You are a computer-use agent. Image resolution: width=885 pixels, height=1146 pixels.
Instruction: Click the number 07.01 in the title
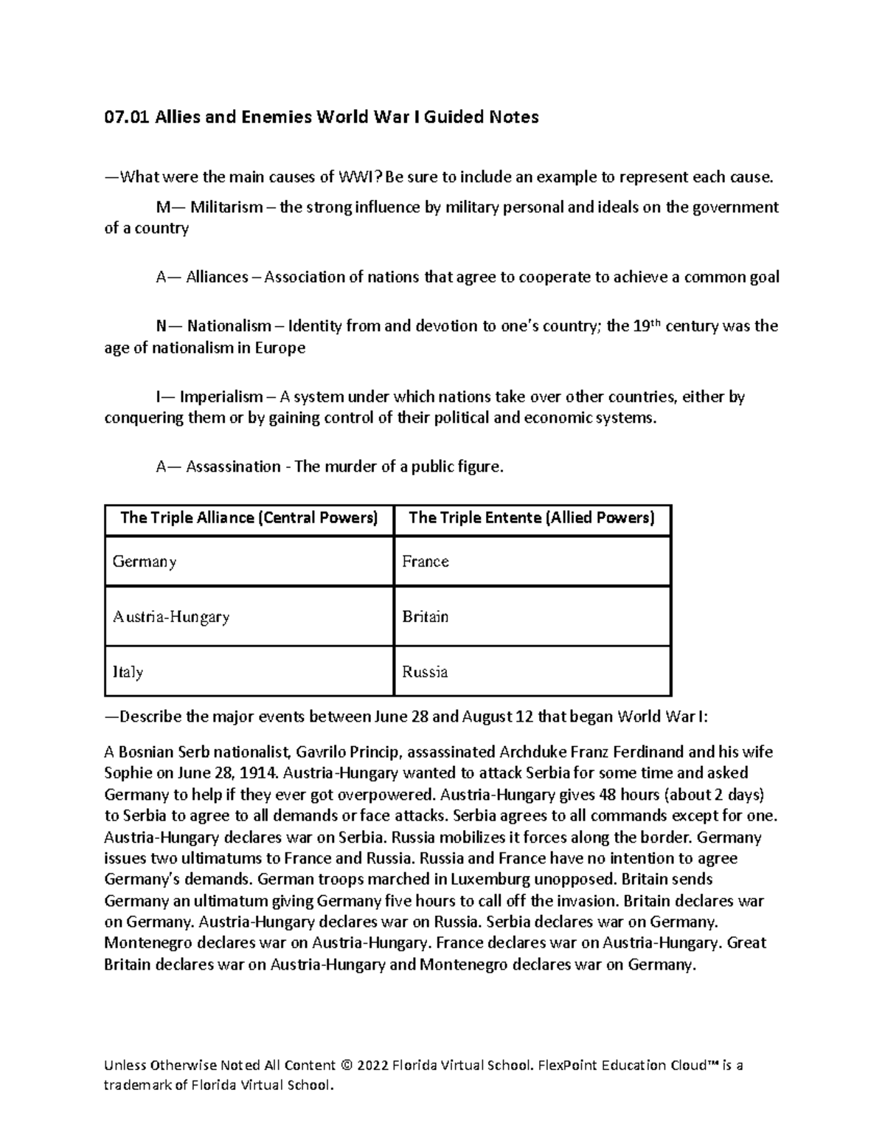pyautogui.click(x=126, y=117)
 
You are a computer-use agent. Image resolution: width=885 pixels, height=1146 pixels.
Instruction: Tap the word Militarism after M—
pyautogui.click(x=226, y=207)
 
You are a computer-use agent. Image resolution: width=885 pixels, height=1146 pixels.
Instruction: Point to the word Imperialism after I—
pyautogui.click(x=221, y=397)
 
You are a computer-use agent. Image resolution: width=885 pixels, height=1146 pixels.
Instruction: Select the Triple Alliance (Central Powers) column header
pyautogui.click(x=249, y=517)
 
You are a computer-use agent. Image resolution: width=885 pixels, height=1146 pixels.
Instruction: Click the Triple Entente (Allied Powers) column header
pyautogui.click(x=532, y=517)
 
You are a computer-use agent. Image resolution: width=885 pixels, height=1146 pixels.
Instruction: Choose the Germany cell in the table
pyautogui.click(x=145, y=562)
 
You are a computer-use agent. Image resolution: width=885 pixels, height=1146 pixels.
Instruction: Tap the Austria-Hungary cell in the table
pyautogui.click(x=171, y=617)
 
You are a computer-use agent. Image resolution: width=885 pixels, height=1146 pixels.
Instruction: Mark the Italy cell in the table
pyautogui.click(x=128, y=672)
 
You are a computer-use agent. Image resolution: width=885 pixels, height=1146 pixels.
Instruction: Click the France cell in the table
pyautogui.click(x=426, y=562)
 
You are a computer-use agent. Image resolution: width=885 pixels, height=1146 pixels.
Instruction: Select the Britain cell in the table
pyautogui.click(x=426, y=617)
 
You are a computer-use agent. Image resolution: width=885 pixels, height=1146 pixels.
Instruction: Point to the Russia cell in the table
pyautogui.click(x=425, y=672)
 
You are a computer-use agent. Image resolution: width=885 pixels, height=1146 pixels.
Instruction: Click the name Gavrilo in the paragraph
pyautogui.click(x=322, y=752)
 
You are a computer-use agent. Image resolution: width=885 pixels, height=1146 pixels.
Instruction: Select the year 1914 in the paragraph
pyautogui.click(x=260, y=773)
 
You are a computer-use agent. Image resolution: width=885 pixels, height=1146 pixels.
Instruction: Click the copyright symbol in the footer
pyautogui.click(x=347, y=1066)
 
